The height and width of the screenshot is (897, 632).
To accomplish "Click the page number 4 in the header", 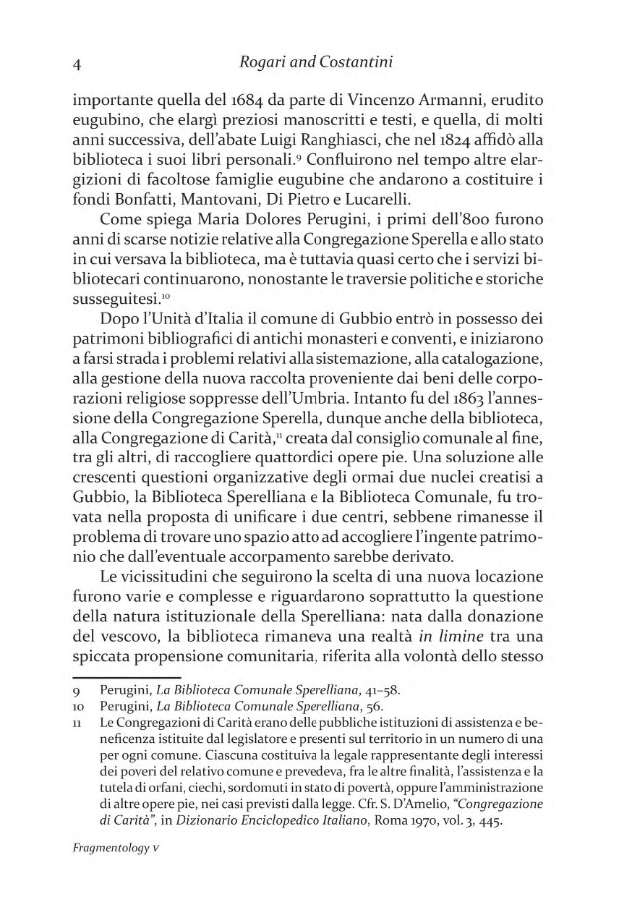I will (77, 64).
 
